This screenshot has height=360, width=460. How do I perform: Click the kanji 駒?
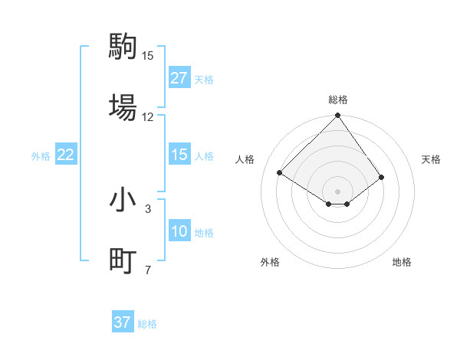click(123, 47)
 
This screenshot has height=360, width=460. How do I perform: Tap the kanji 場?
click(123, 106)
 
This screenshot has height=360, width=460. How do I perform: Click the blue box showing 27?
click(179, 78)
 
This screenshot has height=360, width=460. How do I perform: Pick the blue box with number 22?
click(66, 155)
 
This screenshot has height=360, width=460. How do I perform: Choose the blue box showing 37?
click(122, 322)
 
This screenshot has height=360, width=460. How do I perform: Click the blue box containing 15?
click(179, 155)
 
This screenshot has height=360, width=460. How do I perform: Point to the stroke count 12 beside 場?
click(148, 117)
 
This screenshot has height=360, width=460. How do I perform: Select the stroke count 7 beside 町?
click(148, 270)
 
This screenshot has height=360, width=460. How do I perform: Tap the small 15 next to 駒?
click(148, 56)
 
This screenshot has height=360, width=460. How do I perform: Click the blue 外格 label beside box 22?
click(41, 155)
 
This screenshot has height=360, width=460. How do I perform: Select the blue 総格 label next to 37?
click(147, 324)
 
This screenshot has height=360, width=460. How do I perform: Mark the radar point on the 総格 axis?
click(337, 116)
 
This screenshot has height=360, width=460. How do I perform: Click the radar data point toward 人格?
click(280, 172)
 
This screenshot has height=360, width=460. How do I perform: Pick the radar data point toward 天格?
click(381, 177)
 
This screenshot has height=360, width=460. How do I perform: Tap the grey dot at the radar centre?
click(337, 191)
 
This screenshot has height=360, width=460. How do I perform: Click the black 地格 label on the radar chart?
click(402, 262)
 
